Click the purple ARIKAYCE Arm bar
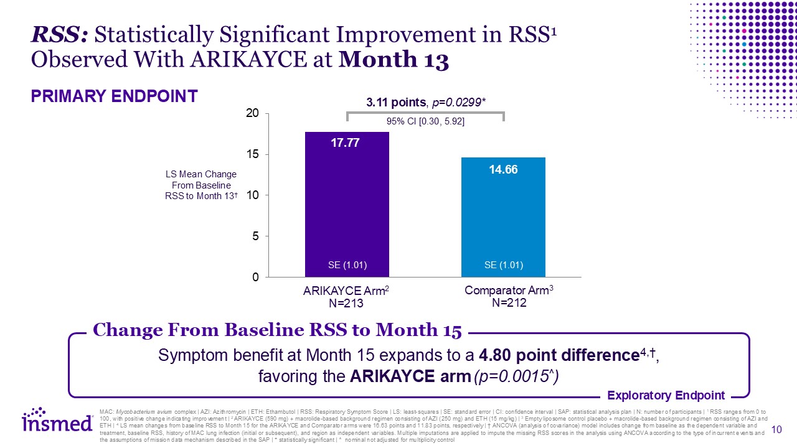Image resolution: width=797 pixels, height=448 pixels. point(347,205)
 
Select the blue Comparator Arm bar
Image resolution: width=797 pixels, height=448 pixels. point(503,218)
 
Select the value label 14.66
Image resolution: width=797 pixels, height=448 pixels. point(503,169)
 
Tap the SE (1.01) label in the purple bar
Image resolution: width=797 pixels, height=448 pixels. point(347,265)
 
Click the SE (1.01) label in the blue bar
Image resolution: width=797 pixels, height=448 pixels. point(503,265)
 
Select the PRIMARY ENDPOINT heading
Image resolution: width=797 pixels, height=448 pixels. point(114,96)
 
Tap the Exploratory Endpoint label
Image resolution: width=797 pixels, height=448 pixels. point(666,395)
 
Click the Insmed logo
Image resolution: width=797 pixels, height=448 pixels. point(49,421)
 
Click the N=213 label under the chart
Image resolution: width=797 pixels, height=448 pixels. point(347,304)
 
